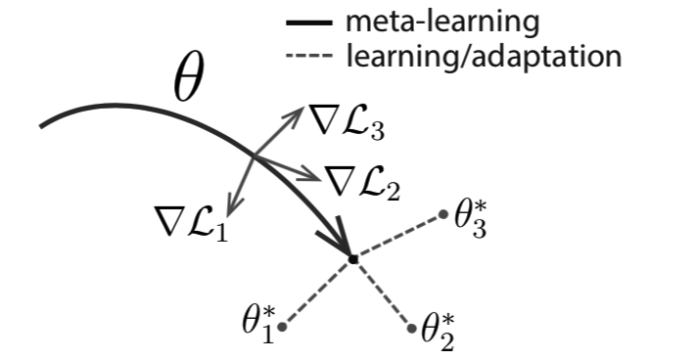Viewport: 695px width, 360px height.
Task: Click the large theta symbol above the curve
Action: (x=189, y=82)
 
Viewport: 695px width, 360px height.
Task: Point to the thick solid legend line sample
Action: (x=308, y=21)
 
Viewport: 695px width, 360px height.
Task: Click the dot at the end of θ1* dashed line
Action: (x=282, y=327)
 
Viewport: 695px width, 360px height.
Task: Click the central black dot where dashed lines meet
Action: (x=352, y=259)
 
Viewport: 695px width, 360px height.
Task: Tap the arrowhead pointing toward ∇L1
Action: (x=229, y=206)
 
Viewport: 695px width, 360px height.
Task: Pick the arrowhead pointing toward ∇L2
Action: (x=315, y=177)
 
